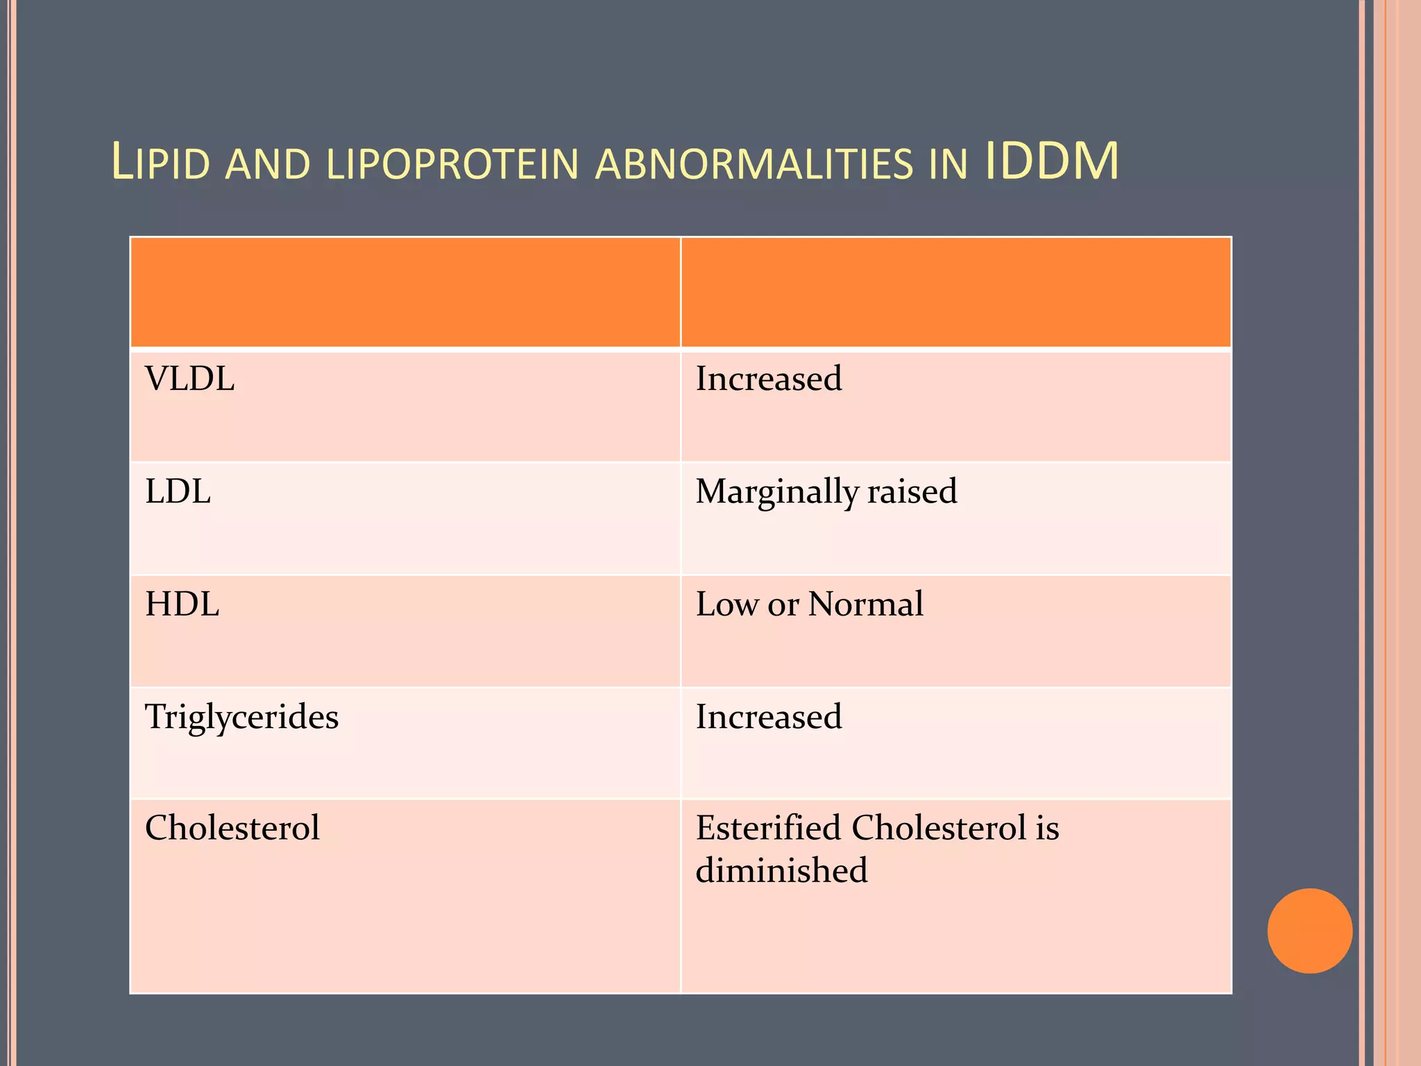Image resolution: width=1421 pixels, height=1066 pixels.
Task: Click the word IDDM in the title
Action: coord(1051,162)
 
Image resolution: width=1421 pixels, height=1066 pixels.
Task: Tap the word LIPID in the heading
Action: coord(161,164)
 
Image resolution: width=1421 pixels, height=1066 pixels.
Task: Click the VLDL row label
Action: coord(189,380)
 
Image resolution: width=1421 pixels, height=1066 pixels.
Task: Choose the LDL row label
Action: coord(178,492)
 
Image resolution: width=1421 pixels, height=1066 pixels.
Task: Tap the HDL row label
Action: coord(182,604)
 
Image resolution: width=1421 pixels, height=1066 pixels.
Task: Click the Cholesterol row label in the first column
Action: coord(232,828)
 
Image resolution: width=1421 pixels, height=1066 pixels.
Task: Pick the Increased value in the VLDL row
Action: coord(769,380)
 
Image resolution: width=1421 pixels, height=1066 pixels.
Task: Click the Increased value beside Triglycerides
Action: coord(769,717)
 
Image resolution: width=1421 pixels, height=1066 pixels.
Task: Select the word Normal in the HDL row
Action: coord(866,604)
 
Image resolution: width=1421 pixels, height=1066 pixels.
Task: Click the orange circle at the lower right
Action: coord(1309,931)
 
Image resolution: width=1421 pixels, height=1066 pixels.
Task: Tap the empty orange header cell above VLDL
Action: coord(405,292)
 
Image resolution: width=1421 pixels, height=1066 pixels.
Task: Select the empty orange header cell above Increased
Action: coord(955,292)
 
